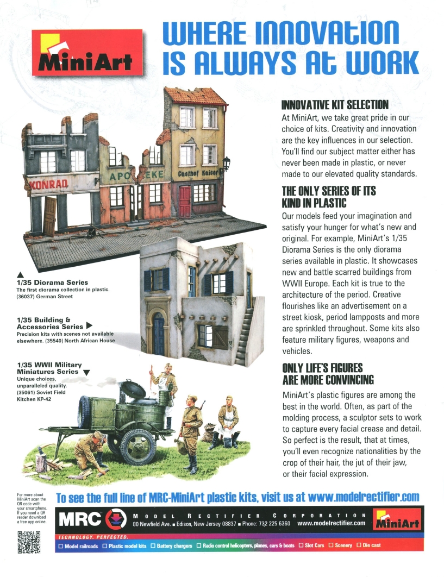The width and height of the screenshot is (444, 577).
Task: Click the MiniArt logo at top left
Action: point(87,52)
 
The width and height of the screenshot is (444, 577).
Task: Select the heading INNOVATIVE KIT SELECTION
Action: point(334,104)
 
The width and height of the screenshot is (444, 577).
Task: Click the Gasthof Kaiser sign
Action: point(198,173)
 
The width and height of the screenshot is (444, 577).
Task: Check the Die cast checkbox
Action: point(359,545)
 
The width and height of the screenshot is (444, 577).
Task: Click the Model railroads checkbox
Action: point(61,545)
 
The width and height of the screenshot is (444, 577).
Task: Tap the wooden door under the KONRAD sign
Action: point(49,216)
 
